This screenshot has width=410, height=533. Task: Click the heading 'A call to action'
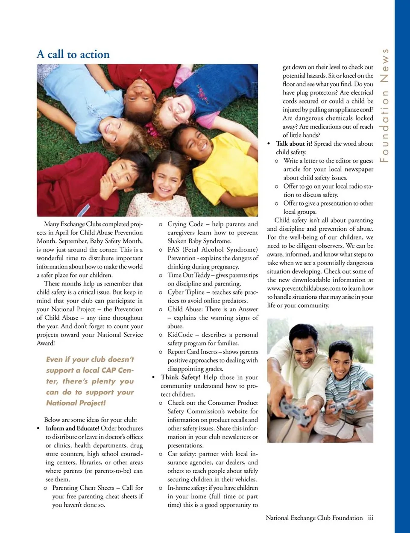tap(73, 54)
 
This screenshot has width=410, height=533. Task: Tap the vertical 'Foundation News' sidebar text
tap(385, 105)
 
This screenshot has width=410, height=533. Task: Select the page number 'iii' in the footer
tap(370, 518)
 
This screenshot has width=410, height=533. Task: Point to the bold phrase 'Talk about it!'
tap(294, 144)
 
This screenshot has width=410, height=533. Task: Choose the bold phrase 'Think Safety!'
tap(180, 377)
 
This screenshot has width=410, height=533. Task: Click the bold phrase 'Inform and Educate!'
tap(72, 428)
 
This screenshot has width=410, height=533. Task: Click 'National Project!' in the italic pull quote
tap(76, 403)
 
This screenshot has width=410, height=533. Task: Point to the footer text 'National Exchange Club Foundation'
tap(314, 518)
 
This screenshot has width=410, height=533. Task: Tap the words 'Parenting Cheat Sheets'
tap(83, 488)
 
